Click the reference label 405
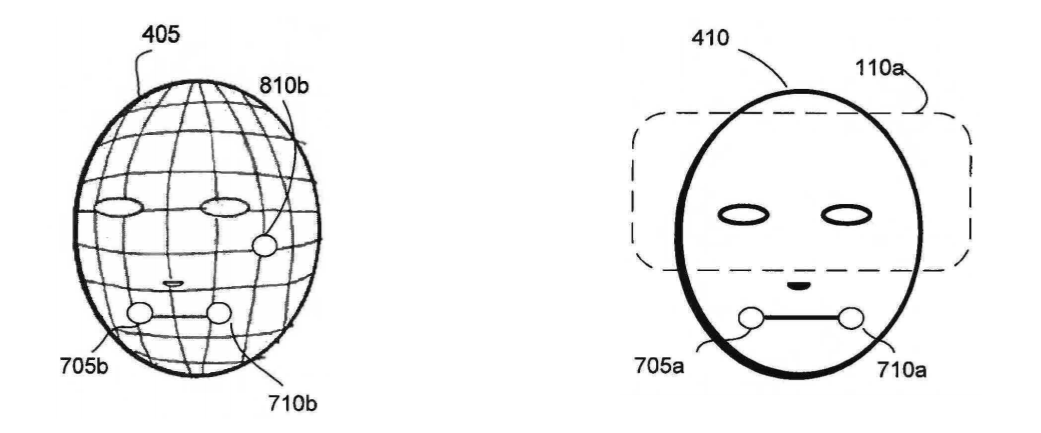(x=161, y=35)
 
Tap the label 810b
(x=283, y=86)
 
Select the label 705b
(x=84, y=366)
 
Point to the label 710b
(x=293, y=403)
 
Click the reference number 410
(x=710, y=38)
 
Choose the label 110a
(x=879, y=68)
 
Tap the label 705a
(x=659, y=365)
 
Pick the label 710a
(x=902, y=369)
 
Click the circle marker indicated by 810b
(x=264, y=246)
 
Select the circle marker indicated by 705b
(x=140, y=313)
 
